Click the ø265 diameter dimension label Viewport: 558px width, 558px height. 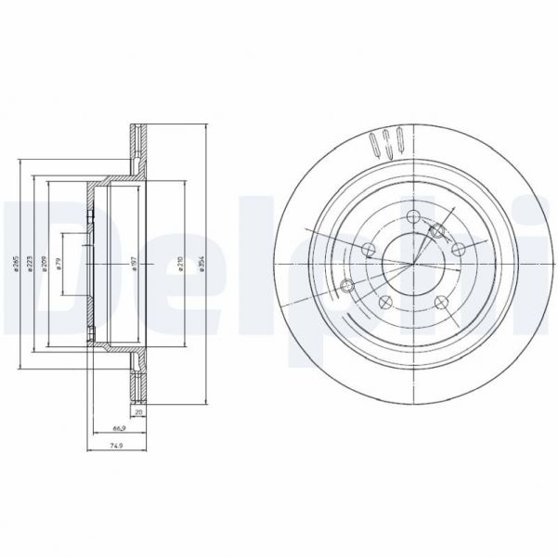pyautogui.click(x=16, y=265)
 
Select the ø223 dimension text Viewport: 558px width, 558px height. pyautogui.click(x=32, y=265)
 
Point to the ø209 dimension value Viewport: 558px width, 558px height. pyautogui.click(x=44, y=265)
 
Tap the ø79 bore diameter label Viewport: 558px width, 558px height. pyautogui.click(x=59, y=265)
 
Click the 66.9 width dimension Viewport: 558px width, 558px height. pyautogui.click(x=119, y=429)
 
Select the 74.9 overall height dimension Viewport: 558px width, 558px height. pyautogui.click(x=115, y=446)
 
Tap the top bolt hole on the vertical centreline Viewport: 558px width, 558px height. pyautogui.click(x=409, y=219)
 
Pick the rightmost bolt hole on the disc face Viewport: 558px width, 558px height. pyautogui.click(x=457, y=248)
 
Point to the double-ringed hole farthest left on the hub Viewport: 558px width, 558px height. pyautogui.click(x=347, y=284)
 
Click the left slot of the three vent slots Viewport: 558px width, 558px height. pyautogui.click(x=375, y=145)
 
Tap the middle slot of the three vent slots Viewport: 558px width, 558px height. pyautogui.click(x=387, y=143)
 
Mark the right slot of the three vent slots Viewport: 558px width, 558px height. pyautogui.click(x=399, y=142)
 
